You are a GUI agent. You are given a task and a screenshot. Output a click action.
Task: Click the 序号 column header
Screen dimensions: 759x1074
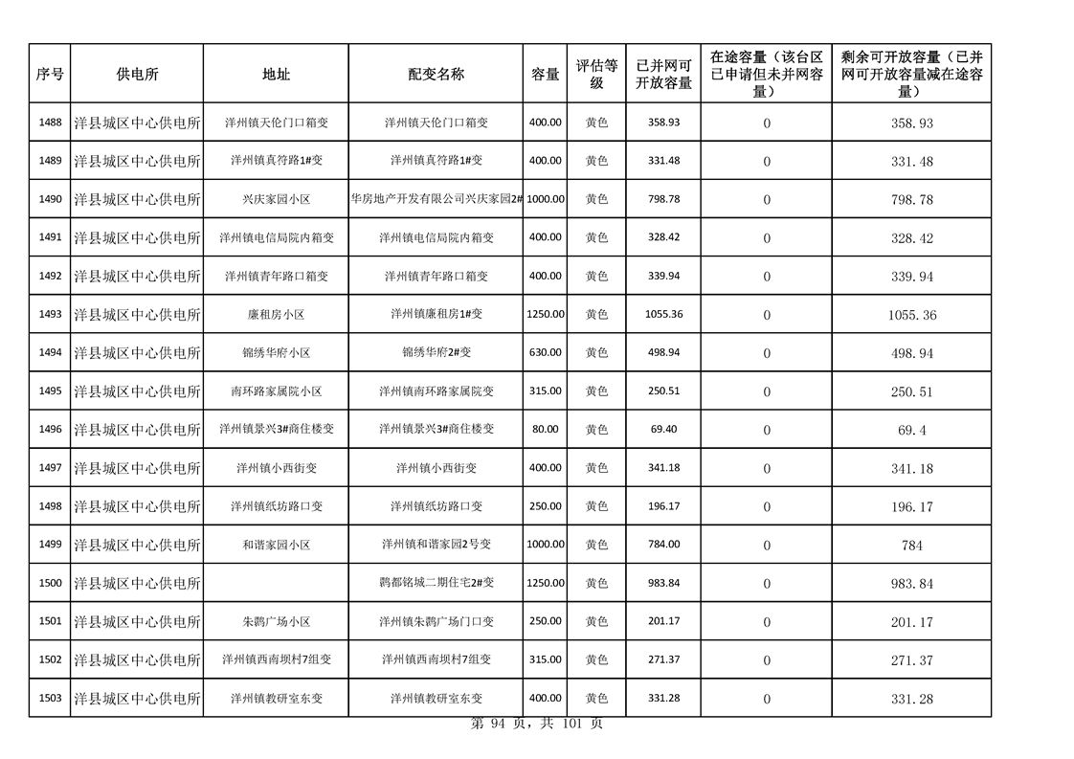click(50, 74)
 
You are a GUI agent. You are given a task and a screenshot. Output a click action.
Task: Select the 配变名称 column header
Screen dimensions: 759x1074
click(436, 74)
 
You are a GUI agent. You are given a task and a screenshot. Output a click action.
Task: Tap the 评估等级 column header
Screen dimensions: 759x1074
click(596, 74)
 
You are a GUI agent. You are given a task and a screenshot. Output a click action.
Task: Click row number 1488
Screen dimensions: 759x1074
click(50, 123)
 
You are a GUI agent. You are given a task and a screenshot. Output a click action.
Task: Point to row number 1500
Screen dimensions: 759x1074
click(50, 583)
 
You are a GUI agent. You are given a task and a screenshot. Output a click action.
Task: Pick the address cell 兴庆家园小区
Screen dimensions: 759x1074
click(276, 199)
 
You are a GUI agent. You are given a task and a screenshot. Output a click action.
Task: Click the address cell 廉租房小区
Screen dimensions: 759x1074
click(276, 314)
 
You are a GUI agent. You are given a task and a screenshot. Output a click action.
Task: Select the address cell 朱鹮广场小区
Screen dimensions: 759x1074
click(276, 621)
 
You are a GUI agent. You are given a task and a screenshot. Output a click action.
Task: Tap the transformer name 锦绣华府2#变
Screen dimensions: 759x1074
click(436, 352)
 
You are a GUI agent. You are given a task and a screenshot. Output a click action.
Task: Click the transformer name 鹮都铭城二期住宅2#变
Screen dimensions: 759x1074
click(436, 583)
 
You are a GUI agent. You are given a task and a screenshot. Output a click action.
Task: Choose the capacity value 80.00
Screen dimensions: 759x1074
click(546, 429)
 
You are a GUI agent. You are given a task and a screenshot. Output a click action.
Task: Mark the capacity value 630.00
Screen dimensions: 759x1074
click(546, 352)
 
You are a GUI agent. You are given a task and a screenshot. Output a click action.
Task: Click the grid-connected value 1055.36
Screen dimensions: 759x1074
click(663, 314)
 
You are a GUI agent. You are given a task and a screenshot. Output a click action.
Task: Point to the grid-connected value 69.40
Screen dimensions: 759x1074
click(663, 429)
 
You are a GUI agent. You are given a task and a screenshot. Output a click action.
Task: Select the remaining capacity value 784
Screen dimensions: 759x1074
click(911, 545)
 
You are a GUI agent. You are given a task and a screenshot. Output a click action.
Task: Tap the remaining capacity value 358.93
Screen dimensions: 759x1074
click(911, 123)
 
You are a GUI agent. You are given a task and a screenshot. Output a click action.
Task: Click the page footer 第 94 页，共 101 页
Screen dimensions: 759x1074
click(537, 725)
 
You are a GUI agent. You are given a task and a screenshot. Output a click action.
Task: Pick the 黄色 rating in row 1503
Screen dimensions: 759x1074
click(596, 698)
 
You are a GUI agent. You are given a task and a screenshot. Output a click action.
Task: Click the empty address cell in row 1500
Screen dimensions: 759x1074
click(276, 583)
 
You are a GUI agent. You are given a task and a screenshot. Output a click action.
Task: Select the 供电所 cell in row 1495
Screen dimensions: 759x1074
click(137, 391)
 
